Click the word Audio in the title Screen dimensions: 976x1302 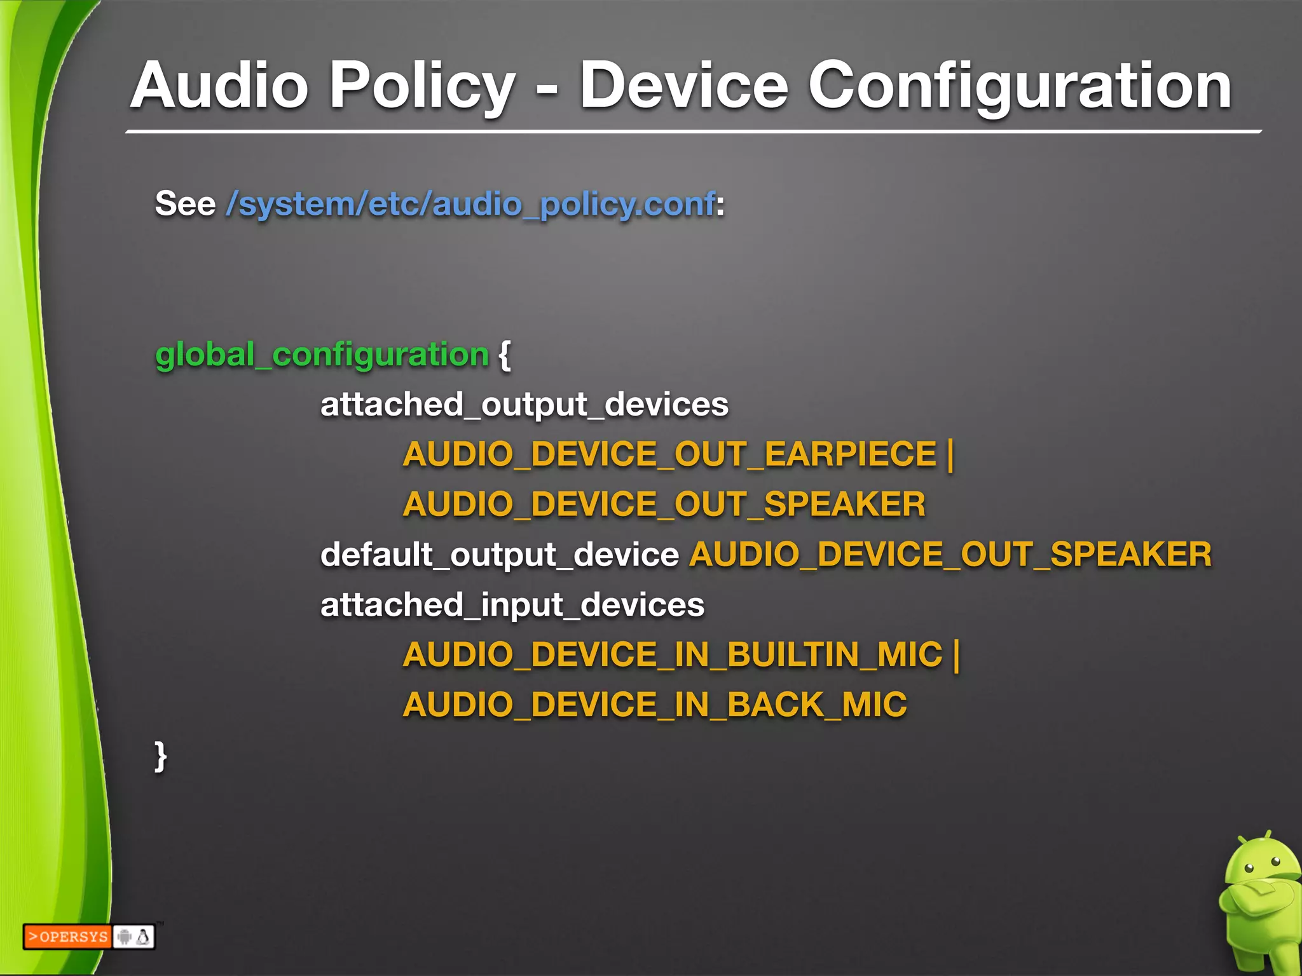pyautogui.click(x=219, y=86)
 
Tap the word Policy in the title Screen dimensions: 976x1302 pyautogui.click(x=422, y=86)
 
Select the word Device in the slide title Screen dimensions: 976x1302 pyautogui.click(x=683, y=86)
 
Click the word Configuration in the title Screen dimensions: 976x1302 pyautogui.click(x=1020, y=86)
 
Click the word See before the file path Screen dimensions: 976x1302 pyautogui.click(x=185, y=205)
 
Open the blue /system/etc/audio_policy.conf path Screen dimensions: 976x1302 pyautogui.click(x=470, y=205)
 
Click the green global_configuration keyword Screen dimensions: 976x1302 pyautogui.click(x=322, y=355)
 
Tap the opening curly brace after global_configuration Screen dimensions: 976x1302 pyautogui.click(x=505, y=355)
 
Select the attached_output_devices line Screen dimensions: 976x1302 pyautogui.click(x=524, y=405)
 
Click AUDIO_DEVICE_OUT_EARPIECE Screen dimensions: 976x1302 pyautogui.click(x=669, y=454)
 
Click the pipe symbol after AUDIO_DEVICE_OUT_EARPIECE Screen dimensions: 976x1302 pyautogui.click(x=950, y=454)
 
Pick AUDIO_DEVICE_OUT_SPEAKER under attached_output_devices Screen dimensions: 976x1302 pyautogui.click(x=664, y=505)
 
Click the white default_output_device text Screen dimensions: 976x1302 pyautogui.click(x=500, y=555)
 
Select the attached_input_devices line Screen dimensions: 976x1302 pyautogui.click(x=512, y=605)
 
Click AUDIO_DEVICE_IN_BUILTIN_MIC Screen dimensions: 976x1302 pyautogui.click(x=673, y=654)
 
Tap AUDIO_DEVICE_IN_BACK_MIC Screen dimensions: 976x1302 pyautogui.click(x=655, y=705)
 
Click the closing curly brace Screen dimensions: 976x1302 pyautogui.click(x=161, y=756)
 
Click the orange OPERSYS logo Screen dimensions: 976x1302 pyautogui.click(x=67, y=937)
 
